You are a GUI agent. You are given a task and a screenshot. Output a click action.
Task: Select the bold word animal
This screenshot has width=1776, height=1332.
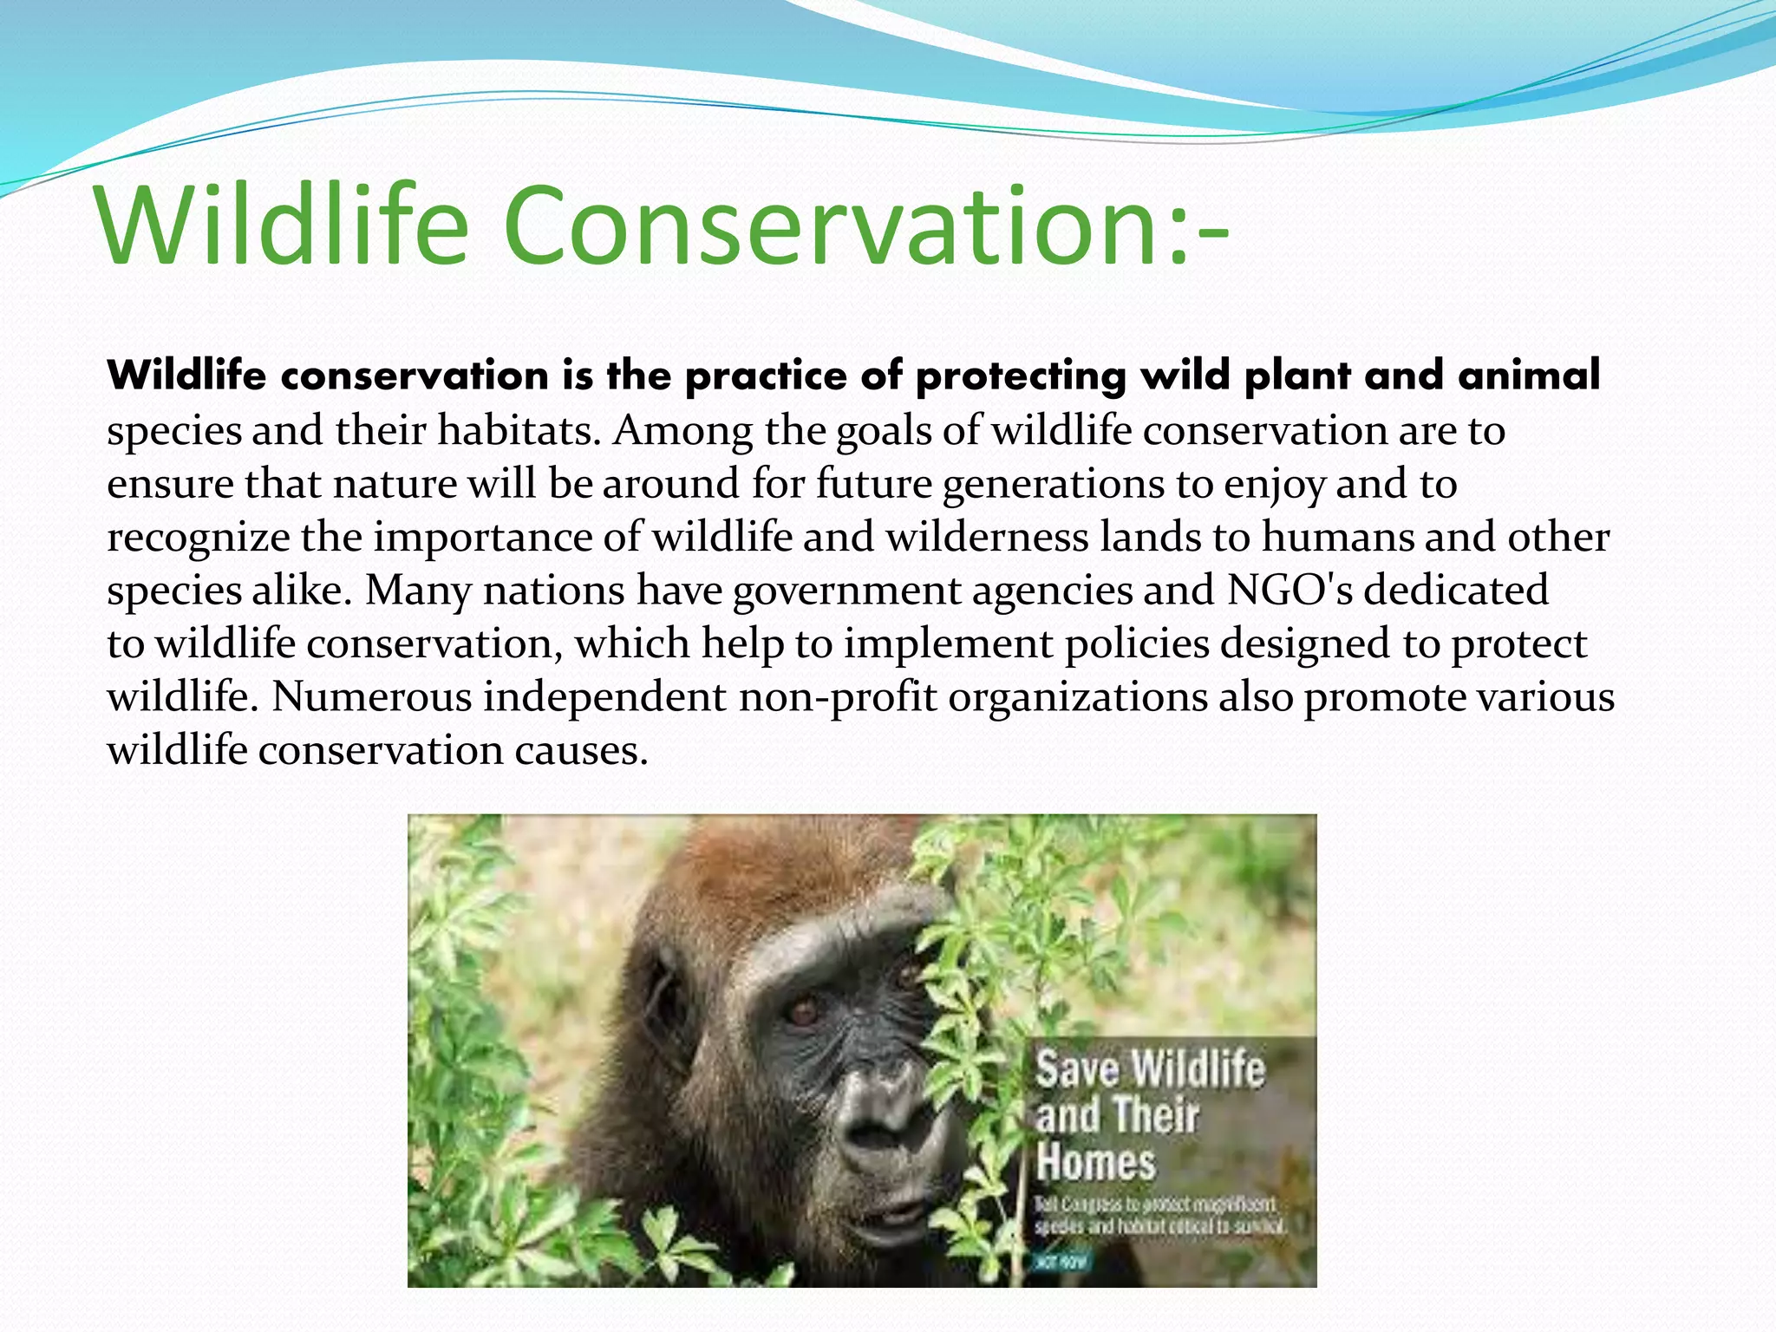pyautogui.click(x=1528, y=375)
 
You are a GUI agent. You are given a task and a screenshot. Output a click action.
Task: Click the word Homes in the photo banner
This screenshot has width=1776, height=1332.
pyautogui.click(x=1095, y=1162)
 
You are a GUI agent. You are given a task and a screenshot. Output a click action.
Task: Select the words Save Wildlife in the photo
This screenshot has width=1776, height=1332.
pyautogui.click(x=1150, y=1068)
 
